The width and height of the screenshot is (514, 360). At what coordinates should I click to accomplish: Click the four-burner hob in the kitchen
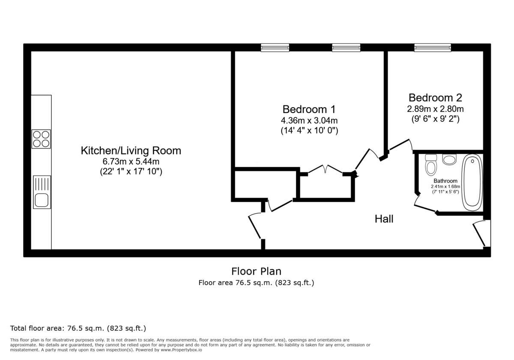(41, 139)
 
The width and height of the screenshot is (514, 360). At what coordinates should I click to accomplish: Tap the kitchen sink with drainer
(42, 192)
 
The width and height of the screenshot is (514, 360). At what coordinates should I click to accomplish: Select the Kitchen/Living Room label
(131, 151)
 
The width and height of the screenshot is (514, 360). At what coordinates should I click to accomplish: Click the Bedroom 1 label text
(309, 109)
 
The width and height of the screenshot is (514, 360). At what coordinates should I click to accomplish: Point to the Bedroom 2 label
(435, 97)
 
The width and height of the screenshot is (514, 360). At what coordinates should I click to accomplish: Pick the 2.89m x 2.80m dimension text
(435, 109)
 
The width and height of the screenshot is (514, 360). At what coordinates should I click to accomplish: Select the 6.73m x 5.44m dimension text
(131, 162)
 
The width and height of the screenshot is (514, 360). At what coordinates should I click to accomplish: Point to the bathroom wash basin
(449, 159)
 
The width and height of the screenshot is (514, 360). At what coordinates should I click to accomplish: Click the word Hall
(384, 219)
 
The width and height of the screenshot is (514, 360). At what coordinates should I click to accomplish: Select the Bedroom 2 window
(432, 48)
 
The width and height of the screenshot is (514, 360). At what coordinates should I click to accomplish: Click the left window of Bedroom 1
(275, 48)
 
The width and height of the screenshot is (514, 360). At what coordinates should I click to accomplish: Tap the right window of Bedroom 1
(346, 48)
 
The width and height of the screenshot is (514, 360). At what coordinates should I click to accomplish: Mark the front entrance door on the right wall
(479, 234)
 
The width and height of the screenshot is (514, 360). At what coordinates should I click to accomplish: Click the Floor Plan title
(256, 271)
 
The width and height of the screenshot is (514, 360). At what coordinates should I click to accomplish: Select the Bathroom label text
(445, 181)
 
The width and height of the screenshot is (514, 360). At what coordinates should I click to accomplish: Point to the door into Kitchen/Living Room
(255, 226)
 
